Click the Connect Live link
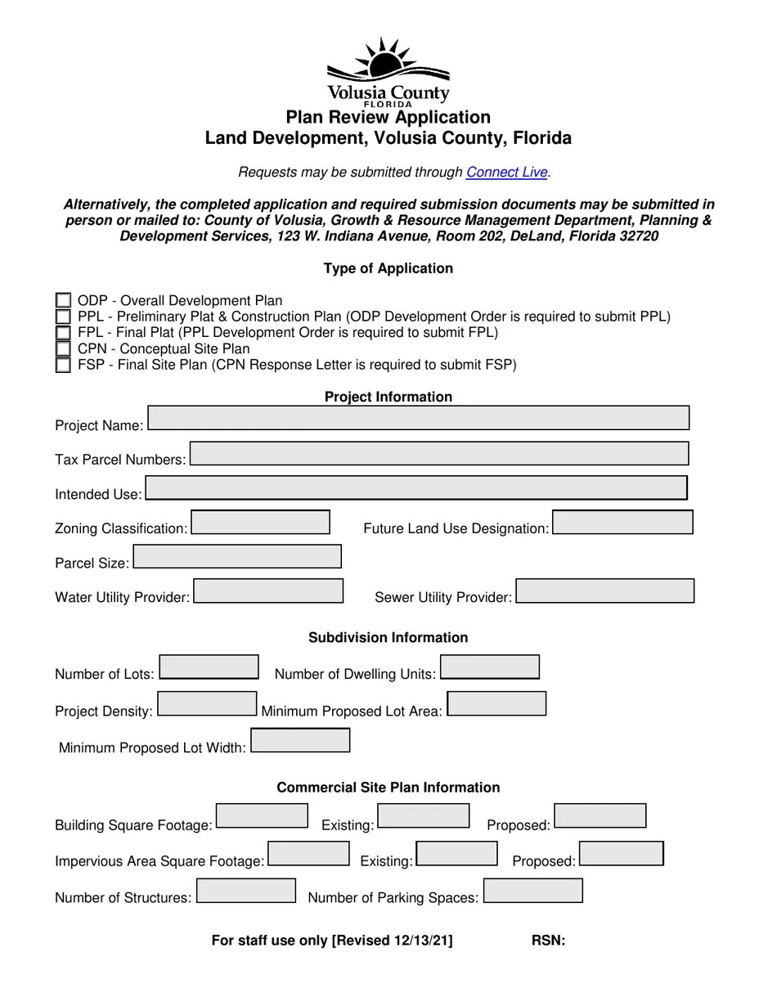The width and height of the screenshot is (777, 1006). pos(506,173)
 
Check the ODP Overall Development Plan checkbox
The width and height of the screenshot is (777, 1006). pos(63,301)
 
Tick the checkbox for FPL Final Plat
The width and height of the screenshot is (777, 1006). pos(63,333)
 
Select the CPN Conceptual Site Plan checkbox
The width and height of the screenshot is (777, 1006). pos(63,349)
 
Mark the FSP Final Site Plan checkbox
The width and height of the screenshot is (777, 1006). pos(63,365)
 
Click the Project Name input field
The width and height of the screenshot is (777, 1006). pos(418,418)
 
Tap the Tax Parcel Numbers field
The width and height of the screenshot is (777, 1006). pos(438,453)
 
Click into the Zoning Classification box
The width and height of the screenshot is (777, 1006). pos(260,522)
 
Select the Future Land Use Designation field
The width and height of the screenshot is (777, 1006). pos(622,522)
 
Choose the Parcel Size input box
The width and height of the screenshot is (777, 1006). pos(236,556)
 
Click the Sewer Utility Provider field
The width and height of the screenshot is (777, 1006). pos(604,591)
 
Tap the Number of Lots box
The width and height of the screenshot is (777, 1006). pos(209,667)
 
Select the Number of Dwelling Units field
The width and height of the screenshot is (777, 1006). pos(489,667)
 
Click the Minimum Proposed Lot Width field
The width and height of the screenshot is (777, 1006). pos(300,740)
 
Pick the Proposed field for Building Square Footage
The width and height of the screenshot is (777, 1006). pos(600,815)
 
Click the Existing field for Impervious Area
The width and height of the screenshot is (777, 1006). pos(456,853)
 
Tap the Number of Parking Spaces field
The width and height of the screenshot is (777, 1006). pos(532,890)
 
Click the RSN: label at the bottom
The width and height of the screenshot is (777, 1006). pos(548,941)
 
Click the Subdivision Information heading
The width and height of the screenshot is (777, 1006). pos(388,637)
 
